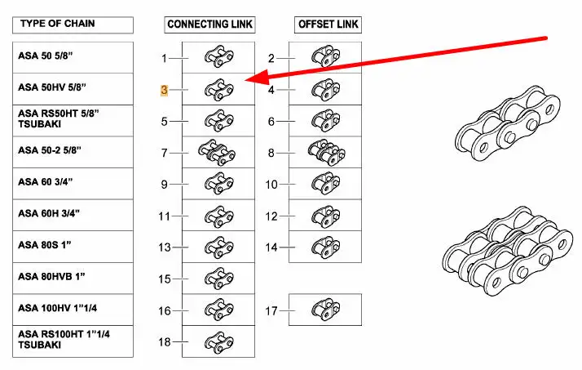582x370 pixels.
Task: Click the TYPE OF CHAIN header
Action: pyautogui.click(x=56, y=24)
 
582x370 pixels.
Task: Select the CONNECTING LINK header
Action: pyautogui.click(x=209, y=25)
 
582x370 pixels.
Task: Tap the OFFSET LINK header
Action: pyautogui.click(x=328, y=25)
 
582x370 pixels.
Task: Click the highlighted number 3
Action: pyautogui.click(x=164, y=90)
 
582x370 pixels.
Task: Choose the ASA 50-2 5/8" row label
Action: pyautogui.click(x=51, y=151)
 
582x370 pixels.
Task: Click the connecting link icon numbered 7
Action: pyautogui.click(x=216, y=152)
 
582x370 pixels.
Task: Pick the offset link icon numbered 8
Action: pyautogui.click(x=325, y=152)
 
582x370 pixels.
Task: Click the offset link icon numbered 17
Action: pyautogui.click(x=325, y=310)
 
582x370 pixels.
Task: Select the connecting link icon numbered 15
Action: pyautogui.click(x=217, y=278)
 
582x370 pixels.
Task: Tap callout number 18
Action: pyautogui.click(x=164, y=342)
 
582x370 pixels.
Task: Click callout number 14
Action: pyautogui.click(x=272, y=247)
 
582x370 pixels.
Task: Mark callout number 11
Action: pyautogui.click(x=164, y=216)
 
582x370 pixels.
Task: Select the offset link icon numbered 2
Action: pyautogui.click(x=325, y=57)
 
